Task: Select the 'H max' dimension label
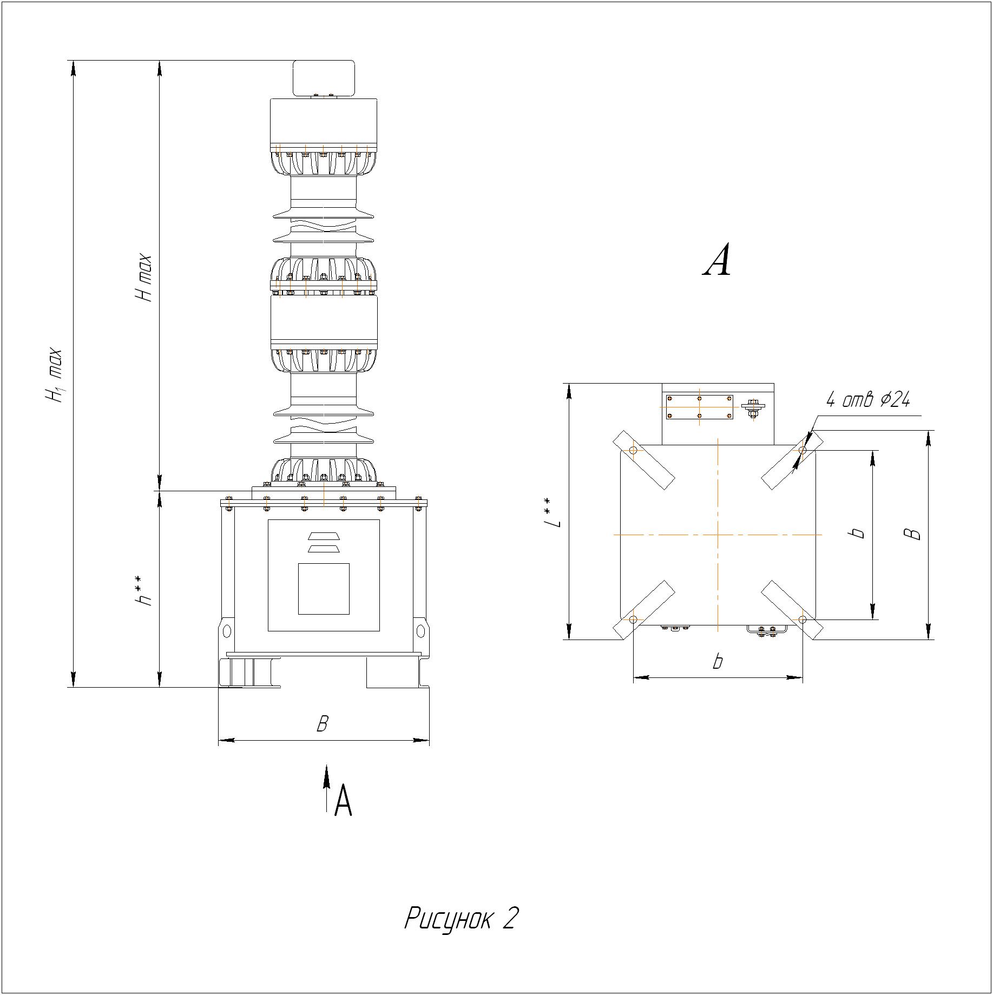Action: (x=143, y=278)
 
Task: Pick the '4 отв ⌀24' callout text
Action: (x=868, y=399)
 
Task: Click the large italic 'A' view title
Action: (x=718, y=260)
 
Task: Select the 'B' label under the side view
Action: (x=323, y=724)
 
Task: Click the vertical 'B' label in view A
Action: (x=914, y=533)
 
